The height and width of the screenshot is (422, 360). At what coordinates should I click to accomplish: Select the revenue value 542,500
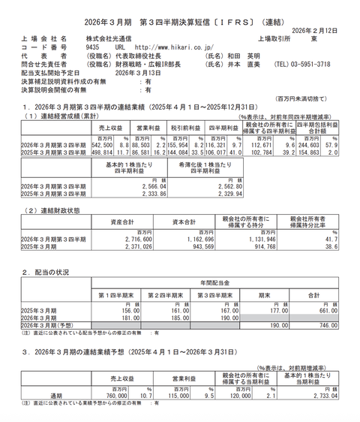(103, 144)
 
